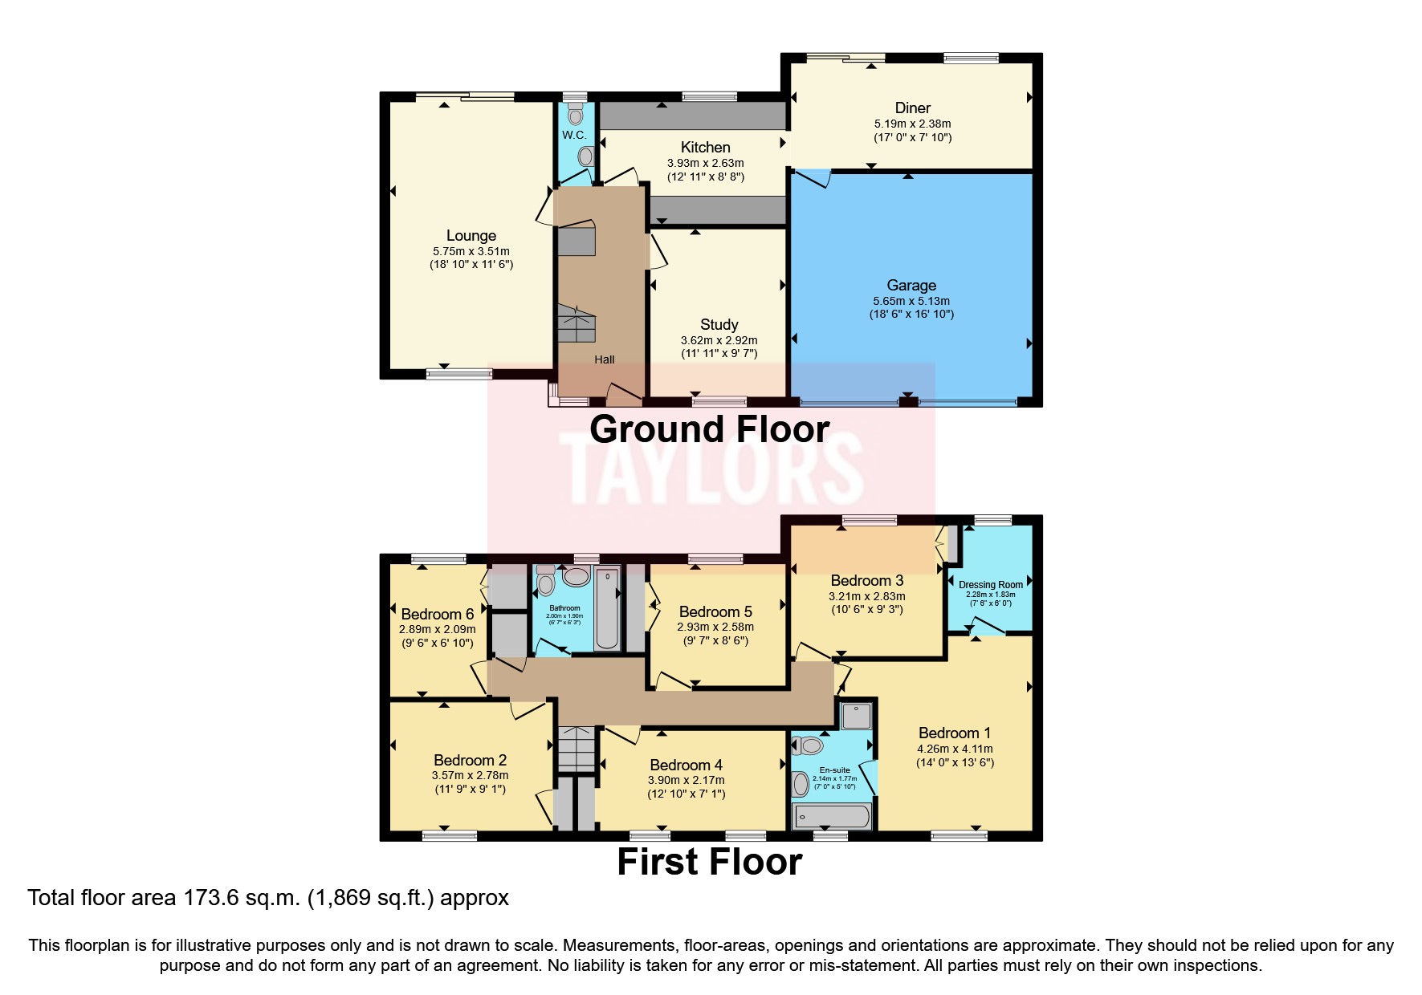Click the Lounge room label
(x=471, y=236)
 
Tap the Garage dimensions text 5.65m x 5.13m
(x=911, y=301)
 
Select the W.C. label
(x=573, y=135)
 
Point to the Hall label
(x=604, y=359)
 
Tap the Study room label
(x=719, y=325)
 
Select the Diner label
(x=912, y=108)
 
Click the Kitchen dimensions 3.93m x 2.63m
(x=705, y=163)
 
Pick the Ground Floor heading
(x=709, y=429)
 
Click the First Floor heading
(x=709, y=863)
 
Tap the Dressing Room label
(x=990, y=585)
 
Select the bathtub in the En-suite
(x=831, y=817)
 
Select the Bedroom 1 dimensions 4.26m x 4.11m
(x=955, y=749)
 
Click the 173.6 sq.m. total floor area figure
(x=241, y=897)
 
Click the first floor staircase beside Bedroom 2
(x=576, y=749)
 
